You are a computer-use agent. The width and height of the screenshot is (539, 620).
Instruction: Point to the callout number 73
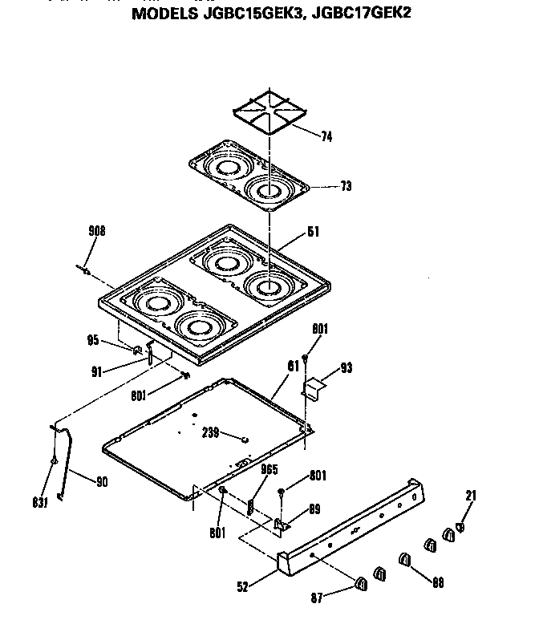click(x=346, y=186)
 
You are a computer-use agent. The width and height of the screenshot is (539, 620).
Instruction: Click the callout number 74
click(x=326, y=137)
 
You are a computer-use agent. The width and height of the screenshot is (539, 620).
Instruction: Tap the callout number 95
click(x=94, y=341)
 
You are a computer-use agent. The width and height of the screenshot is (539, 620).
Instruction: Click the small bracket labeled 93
click(x=314, y=388)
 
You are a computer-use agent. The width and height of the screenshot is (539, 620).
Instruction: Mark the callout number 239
click(x=210, y=434)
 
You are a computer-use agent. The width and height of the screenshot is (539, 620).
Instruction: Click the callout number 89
click(x=314, y=507)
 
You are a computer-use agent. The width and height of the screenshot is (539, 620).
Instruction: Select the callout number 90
click(x=101, y=482)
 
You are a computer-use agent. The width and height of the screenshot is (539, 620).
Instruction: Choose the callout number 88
click(x=438, y=584)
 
